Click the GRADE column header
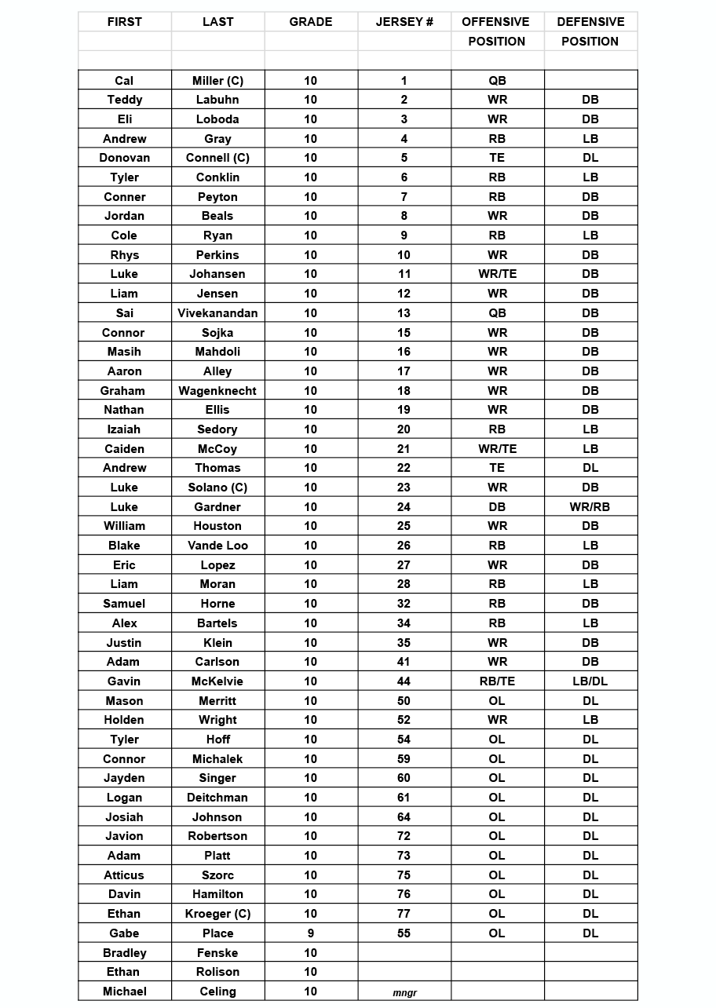311,22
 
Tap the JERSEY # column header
404,22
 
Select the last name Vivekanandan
217,313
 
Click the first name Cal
124,81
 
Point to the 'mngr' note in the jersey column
404,993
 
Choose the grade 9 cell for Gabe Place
311,933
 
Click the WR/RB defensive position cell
590,507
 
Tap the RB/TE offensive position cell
497,681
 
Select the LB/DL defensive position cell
590,681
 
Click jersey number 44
404,681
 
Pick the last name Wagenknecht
217,391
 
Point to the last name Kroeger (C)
217,914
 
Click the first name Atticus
124,875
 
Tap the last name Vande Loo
217,546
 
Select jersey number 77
404,914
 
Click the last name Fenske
217,953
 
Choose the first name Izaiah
124,429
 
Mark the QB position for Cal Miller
497,81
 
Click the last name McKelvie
217,681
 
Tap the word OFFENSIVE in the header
496,22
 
